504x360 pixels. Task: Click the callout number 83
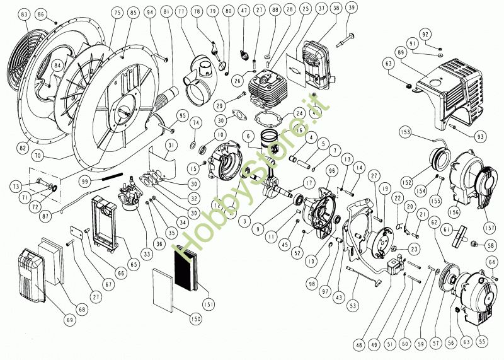click(25, 13)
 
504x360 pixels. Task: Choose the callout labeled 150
click(195, 320)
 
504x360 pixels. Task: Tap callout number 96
click(331, 171)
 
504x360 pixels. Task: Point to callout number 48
click(360, 344)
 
